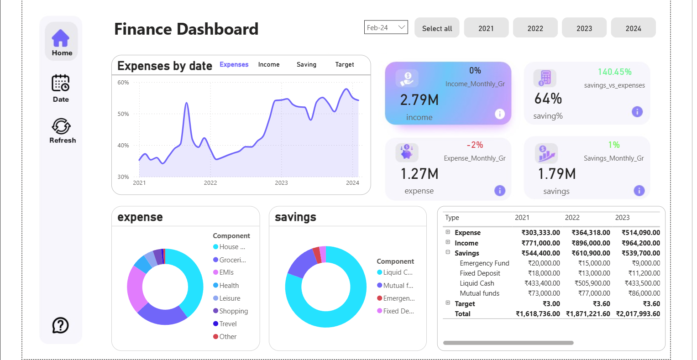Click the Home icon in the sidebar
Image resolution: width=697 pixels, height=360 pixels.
tap(61, 38)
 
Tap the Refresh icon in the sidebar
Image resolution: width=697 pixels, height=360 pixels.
tap(61, 126)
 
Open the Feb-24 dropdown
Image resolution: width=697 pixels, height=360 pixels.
tap(386, 27)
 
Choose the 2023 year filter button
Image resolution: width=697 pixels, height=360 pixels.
tap(584, 28)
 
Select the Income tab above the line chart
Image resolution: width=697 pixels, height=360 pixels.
tap(268, 64)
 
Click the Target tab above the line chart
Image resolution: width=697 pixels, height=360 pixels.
tap(344, 64)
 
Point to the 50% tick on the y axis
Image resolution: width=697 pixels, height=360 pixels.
tap(123, 114)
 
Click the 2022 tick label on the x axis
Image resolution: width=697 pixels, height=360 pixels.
tap(210, 183)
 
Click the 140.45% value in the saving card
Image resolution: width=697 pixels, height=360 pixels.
tap(614, 72)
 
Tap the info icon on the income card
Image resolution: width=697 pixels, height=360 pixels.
tap(500, 114)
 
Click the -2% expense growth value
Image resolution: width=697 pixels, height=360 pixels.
tap(475, 145)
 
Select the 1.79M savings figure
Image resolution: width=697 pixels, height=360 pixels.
tap(556, 174)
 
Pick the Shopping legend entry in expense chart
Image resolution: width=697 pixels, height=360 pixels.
tap(233, 311)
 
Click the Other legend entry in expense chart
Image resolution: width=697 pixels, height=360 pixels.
tap(228, 337)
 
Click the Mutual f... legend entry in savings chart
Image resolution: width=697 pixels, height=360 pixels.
tap(398, 286)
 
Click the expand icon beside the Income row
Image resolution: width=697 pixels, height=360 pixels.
tap(448, 242)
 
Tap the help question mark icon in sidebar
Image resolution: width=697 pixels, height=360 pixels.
tap(61, 325)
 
